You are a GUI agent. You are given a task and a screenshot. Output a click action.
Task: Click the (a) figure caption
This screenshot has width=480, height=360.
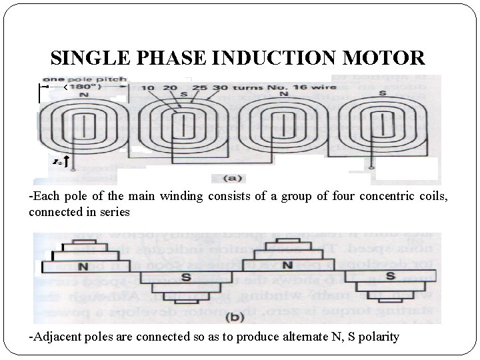click(x=236, y=178)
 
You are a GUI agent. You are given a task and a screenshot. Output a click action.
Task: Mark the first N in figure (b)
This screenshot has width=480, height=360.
click(x=83, y=267)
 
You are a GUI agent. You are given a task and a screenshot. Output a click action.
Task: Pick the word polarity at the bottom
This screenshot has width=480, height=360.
click(x=379, y=336)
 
